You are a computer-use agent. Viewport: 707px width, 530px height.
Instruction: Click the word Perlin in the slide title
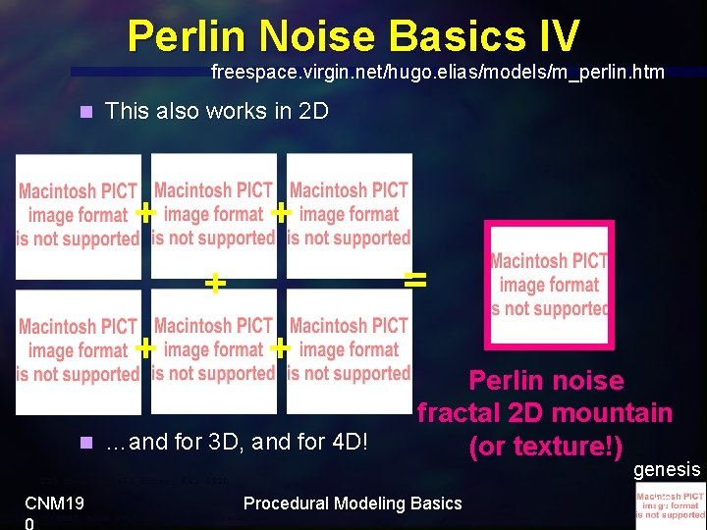coord(189,36)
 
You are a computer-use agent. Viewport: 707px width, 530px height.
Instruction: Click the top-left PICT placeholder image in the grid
coord(79,215)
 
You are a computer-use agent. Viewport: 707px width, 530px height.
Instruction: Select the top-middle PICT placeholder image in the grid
coord(213,214)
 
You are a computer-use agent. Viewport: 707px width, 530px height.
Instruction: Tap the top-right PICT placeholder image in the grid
coord(349,214)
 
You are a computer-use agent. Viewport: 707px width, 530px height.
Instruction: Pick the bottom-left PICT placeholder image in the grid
coord(79,350)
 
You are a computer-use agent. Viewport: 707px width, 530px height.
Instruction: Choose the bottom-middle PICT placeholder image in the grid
coord(213,349)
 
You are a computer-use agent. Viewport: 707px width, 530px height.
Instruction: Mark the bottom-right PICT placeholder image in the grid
coord(349,349)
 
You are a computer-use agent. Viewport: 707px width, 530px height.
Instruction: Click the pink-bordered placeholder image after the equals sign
coord(549,285)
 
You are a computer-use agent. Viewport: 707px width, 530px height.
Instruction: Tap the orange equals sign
coord(415,280)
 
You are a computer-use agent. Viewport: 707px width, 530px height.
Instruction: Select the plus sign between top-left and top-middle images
coord(145,212)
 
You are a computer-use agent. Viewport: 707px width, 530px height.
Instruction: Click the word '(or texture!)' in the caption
coord(546,447)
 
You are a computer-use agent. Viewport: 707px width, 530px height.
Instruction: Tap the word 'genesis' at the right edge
coord(667,470)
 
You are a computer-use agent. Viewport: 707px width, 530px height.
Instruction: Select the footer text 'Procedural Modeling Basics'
coord(353,503)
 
